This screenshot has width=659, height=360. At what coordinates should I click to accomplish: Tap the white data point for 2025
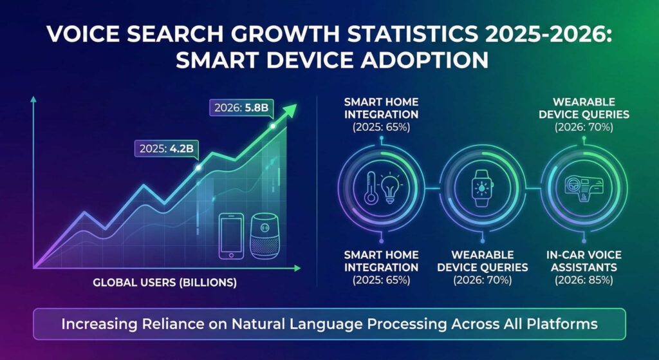click(x=198, y=167)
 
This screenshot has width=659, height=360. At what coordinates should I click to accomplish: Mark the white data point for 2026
click(x=273, y=126)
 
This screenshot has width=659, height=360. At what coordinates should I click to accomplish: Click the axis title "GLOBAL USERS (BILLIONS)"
click(x=165, y=282)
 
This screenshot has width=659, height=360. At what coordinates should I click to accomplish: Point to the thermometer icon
click(x=372, y=187)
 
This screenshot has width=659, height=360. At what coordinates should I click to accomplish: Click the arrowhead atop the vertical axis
click(x=33, y=100)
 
